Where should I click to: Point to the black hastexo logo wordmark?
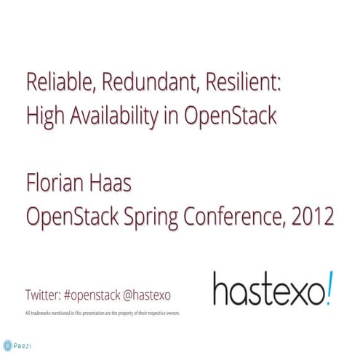pos(265,289)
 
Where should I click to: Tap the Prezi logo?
pos(17,345)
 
